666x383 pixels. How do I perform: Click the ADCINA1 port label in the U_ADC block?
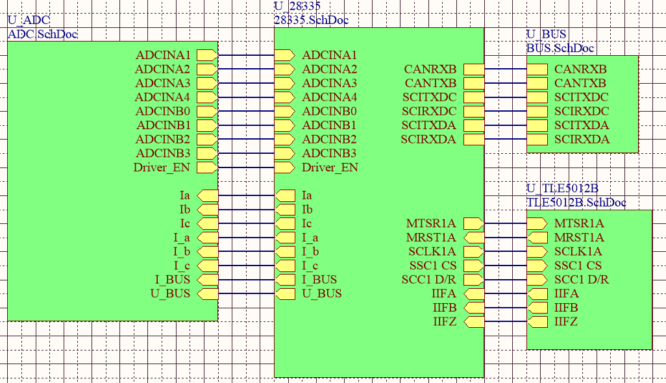tap(163, 55)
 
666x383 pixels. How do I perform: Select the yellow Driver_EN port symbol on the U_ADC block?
tap(206, 167)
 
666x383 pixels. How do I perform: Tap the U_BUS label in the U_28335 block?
tap(321, 293)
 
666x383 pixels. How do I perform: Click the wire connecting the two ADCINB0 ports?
tap(246, 112)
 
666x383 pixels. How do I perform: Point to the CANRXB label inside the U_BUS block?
tap(580, 69)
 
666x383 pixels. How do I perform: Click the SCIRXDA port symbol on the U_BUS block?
tap(537, 140)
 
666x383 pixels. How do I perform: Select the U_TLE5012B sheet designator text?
tap(561, 189)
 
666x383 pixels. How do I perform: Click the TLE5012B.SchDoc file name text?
tap(576, 203)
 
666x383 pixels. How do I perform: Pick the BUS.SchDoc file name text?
tap(560, 48)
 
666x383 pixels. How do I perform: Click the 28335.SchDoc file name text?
tap(311, 20)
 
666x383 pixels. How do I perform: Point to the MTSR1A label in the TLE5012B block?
tap(579, 223)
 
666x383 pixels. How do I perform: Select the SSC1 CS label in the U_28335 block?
tap(432, 266)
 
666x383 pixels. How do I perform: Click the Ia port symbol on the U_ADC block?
tap(206, 195)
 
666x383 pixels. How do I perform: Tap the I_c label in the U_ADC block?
tap(181, 266)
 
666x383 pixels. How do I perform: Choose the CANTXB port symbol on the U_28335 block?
tap(474, 84)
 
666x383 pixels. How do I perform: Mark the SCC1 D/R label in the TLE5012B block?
tap(581, 280)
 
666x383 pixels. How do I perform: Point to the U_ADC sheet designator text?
tap(29, 21)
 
